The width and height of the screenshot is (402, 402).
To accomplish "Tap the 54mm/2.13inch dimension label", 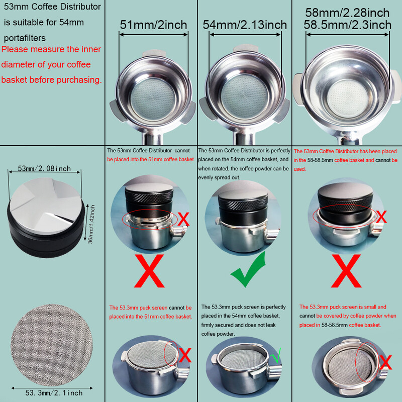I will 245,24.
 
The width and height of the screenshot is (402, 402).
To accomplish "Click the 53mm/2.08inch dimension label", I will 44,168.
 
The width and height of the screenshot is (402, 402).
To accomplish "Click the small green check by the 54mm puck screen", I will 274,358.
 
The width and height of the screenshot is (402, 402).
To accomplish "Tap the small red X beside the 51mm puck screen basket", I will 185,355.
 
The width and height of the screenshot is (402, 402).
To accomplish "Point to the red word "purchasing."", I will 78,79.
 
